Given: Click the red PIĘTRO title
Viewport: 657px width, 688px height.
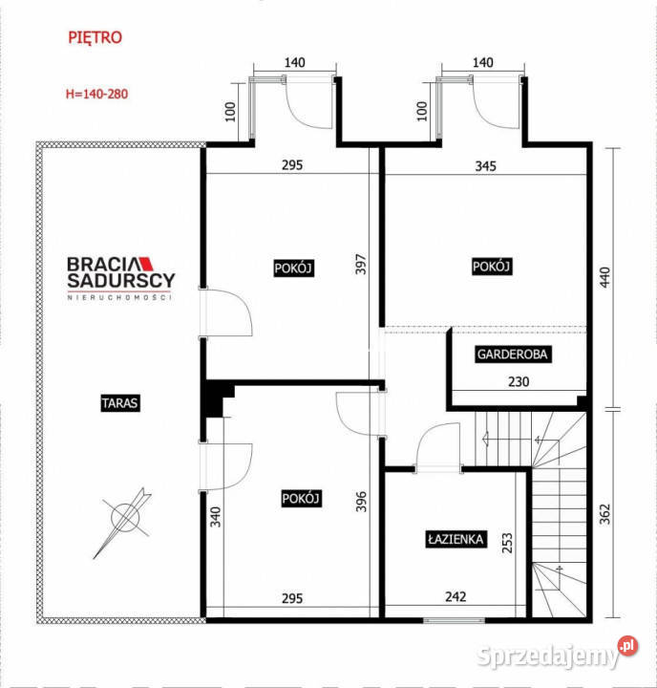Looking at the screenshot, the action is click(95, 37).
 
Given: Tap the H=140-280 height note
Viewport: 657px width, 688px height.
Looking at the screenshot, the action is click(97, 94).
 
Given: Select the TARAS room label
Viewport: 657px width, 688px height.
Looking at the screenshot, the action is click(120, 403).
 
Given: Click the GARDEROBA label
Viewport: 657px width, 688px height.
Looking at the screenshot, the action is click(512, 355).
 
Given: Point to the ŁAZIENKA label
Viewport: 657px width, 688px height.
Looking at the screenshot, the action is click(456, 539).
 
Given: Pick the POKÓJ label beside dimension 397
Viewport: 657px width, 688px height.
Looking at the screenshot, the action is click(293, 269).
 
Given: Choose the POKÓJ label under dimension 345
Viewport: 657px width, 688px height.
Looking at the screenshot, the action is click(491, 267).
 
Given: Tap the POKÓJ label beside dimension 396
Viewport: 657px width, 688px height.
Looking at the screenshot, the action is click(301, 499).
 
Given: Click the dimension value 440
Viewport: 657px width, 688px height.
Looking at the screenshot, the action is click(604, 277).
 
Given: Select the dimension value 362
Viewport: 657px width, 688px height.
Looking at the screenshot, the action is click(604, 514).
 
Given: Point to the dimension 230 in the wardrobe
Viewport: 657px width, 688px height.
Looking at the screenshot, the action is click(519, 381).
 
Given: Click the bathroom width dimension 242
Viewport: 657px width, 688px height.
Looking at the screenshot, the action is click(456, 596).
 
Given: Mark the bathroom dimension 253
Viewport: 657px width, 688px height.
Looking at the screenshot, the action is click(506, 543).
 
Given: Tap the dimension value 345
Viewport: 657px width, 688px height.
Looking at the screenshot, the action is click(485, 166).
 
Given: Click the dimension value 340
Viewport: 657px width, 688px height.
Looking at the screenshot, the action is click(216, 516).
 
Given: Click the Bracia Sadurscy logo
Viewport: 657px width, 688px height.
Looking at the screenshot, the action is click(120, 278).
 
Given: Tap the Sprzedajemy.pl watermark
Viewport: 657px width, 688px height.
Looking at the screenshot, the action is click(557, 654).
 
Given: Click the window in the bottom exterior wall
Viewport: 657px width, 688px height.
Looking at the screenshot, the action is click(454, 620).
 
